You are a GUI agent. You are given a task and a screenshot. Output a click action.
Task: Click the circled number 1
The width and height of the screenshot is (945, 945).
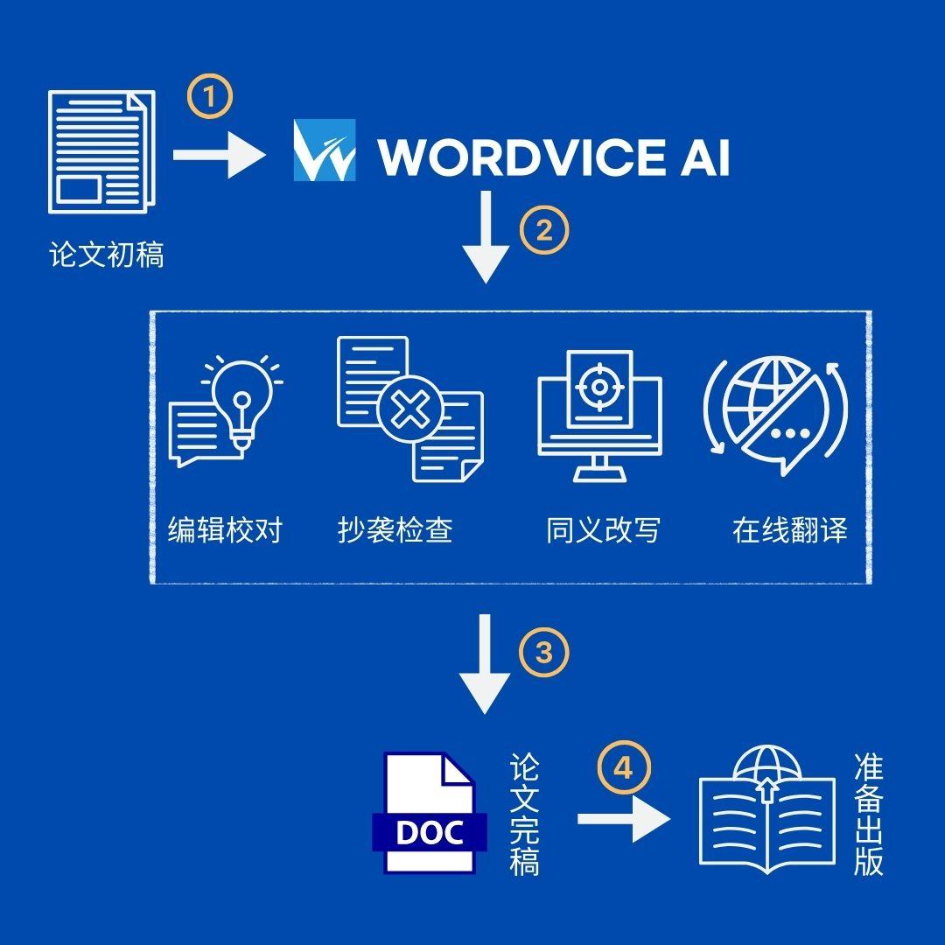click(209, 96)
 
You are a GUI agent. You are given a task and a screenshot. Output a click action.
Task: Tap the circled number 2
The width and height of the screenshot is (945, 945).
click(544, 231)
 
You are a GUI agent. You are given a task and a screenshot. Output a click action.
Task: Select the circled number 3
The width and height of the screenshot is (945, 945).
click(543, 653)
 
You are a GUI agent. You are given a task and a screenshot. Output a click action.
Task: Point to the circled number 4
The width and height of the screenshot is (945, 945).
click(624, 768)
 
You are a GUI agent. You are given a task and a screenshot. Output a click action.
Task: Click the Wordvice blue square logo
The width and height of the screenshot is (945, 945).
click(325, 150)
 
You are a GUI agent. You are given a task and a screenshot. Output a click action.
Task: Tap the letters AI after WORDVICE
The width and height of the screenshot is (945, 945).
click(705, 157)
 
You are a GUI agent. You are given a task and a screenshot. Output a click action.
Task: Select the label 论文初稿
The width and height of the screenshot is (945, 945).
click(107, 255)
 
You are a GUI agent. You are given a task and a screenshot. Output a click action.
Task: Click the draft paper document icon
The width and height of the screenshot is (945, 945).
click(101, 152)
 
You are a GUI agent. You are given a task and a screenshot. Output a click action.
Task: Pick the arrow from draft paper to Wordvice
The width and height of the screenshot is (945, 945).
click(220, 155)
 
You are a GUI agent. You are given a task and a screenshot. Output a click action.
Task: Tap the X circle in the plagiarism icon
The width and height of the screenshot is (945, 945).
click(410, 409)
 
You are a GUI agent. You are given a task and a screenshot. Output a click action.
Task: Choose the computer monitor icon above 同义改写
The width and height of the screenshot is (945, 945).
click(599, 416)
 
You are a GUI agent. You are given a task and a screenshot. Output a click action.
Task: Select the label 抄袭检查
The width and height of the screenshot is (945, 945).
click(395, 530)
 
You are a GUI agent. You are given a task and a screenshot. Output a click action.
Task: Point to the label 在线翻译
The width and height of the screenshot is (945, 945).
click(790, 530)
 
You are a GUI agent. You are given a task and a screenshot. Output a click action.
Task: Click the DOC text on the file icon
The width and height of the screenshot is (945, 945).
click(430, 832)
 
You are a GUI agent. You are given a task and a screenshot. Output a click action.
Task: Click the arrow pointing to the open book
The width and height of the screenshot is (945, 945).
click(624, 818)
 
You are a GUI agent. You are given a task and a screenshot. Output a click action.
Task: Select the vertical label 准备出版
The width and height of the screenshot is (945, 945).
click(869, 815)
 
